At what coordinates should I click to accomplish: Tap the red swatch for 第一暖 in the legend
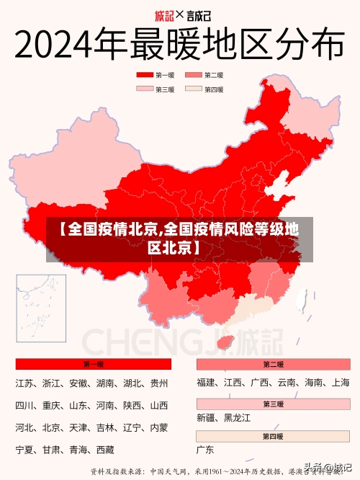[x=145, y=75]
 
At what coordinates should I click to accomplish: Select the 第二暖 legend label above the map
[x=214, y=75]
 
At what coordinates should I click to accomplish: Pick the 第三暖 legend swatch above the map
[x=145, y=89]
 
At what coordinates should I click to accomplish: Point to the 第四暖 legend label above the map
[x=214, y=89]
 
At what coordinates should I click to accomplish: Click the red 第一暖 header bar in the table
[x=93, y=365]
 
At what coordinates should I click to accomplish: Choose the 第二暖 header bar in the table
[x=273, y=365]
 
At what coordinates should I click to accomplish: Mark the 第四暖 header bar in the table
[x=273, y=436]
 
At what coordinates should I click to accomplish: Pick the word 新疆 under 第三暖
[x=206, y=418]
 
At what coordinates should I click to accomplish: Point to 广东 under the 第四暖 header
[x=206, y=450]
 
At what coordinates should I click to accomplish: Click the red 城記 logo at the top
[x=165, y=14]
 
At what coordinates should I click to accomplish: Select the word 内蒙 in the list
[x=158, y=428]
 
